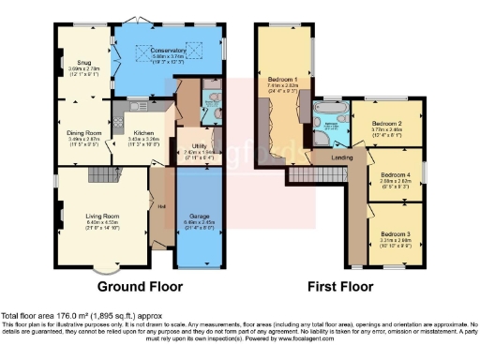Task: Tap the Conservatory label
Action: [x=156, y=50]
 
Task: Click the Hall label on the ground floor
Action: [x=161, y=206]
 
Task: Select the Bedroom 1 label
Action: [x=281, y=80]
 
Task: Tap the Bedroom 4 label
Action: [x=395, y=174]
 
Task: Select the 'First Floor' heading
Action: [x=336, y=286]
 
